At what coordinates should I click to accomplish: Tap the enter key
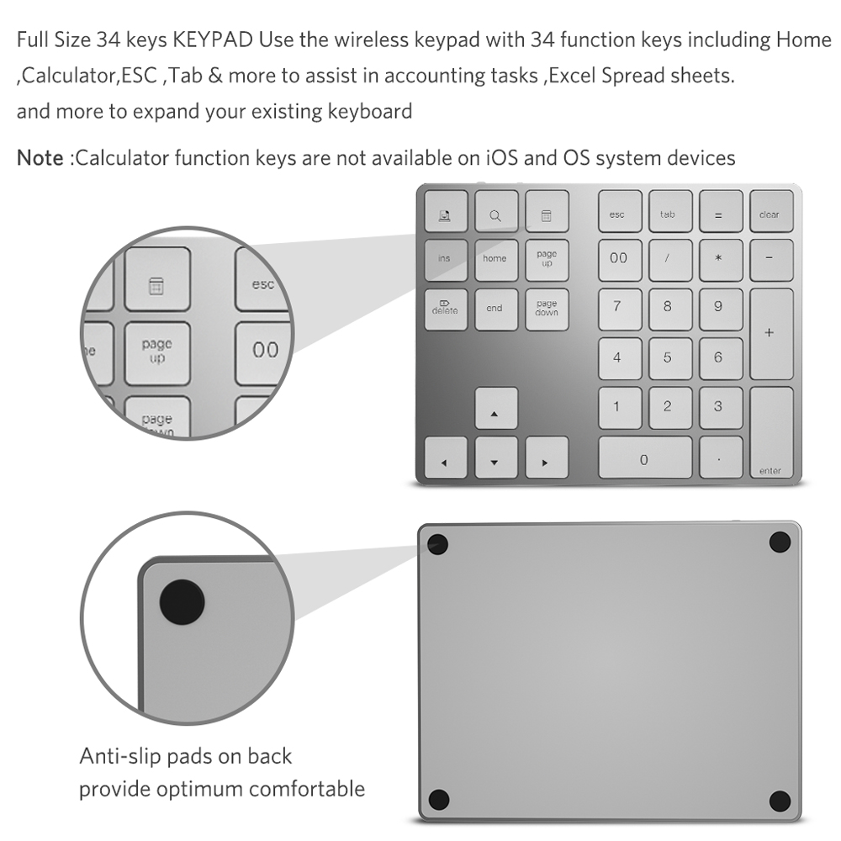tap(770, 434)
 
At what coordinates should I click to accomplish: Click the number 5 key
tap(668, 358)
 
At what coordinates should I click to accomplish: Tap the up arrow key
tap(495, 409)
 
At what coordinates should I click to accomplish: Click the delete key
tap(445, 309)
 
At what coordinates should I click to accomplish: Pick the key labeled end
tap(495, 309)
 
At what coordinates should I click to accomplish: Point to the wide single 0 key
tap(644, 458)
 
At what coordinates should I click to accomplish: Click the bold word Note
tap(40, 157)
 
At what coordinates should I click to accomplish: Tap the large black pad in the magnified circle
tap(182, 601)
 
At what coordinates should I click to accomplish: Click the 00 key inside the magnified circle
tap(265, 349)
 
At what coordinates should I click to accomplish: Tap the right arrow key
tap(546, 458)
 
